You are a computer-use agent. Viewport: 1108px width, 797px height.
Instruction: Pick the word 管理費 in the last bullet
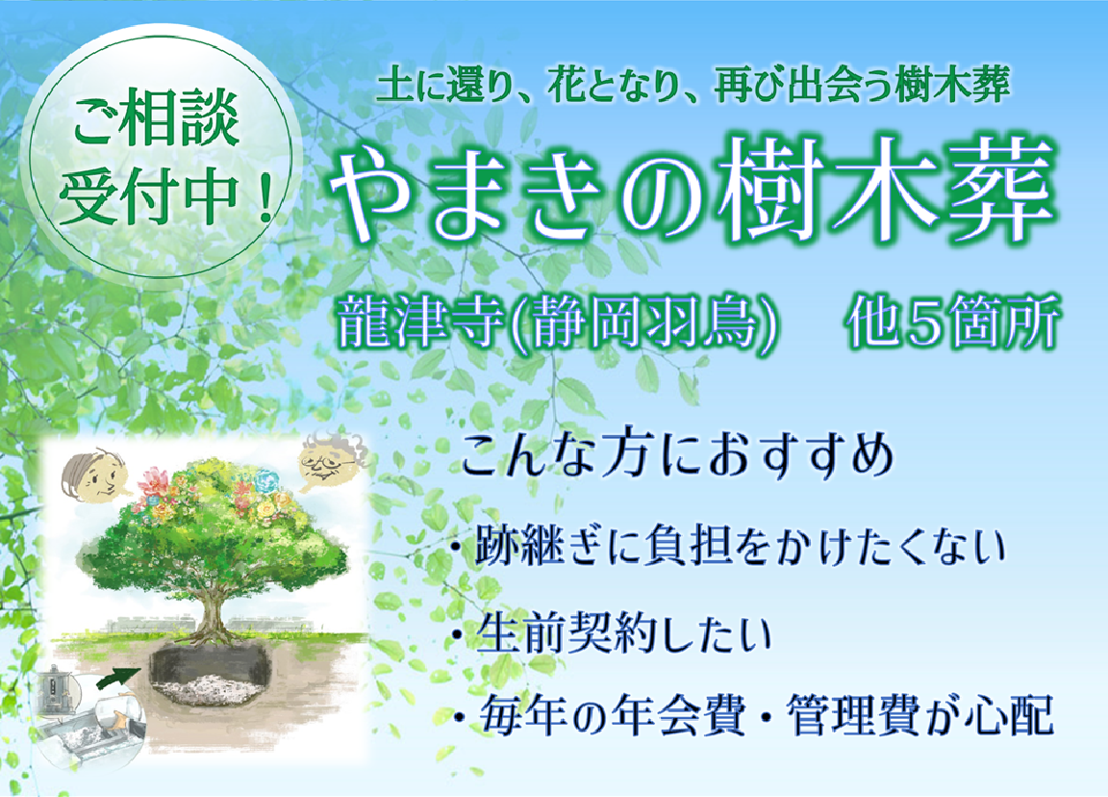[x=845, y=718]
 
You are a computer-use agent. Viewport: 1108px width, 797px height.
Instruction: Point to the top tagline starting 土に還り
[x=692, y=88]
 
